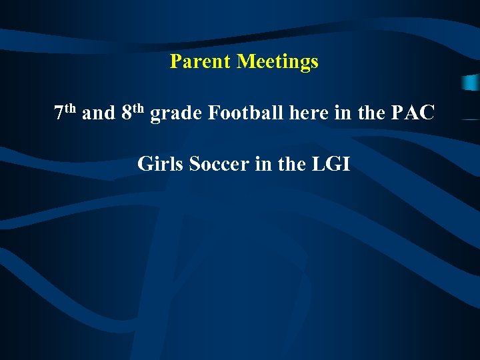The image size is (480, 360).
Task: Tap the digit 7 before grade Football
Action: point(59,114)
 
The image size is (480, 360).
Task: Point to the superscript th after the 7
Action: point(71,109)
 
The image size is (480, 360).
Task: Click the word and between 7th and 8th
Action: point(99,113)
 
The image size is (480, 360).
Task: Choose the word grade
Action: point(177,114)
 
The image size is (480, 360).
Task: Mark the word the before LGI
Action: point(291,163)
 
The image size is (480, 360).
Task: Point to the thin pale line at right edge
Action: point(469,119)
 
